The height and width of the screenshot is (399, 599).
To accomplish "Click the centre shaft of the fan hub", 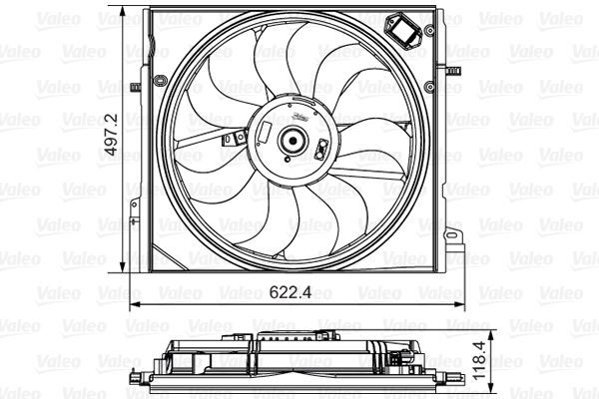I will click(293, 142).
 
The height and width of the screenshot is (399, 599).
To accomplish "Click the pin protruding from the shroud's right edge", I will click(452, 71).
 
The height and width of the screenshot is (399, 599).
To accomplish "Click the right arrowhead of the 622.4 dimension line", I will click(462, 303).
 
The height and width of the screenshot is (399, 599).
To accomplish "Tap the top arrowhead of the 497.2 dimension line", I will click(124, 13).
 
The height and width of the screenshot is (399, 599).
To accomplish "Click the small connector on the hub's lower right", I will click(323, 151).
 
